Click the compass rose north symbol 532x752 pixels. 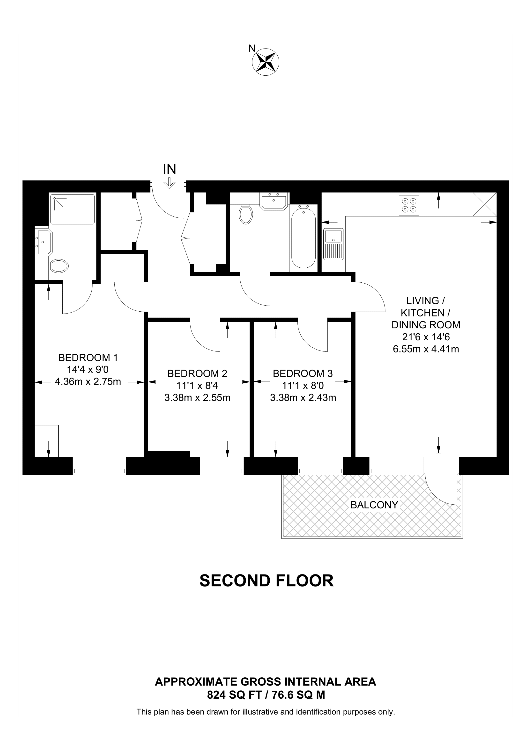(x=266, y=62)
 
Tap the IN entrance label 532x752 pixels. (x=170, y=169)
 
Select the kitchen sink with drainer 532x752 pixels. (x=333, y=244)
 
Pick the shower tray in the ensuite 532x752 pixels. (x=73, y=209)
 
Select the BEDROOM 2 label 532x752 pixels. (x=197, y=373)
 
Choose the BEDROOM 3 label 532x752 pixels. (x=303, y=373)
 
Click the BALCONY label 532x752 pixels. (x=374, y=505)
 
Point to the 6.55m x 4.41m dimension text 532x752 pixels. (x=426, y=349)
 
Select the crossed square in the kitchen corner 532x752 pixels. (x=485, y=204)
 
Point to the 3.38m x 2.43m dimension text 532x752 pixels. (x=303, y=398)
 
